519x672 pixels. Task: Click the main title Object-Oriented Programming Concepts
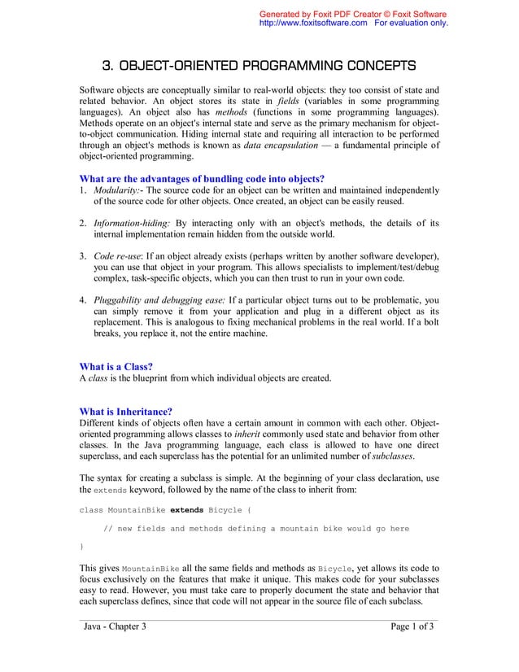(x=259, y=65)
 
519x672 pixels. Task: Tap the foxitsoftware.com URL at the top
(x=312, y=24)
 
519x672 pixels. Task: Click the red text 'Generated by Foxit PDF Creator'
(x=325, y=14)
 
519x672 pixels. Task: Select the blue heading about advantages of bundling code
(x=201, y=179)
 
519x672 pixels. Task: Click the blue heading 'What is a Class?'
(x=116, y=366)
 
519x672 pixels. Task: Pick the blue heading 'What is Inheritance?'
(x=125, y=411)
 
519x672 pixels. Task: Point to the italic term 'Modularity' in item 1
(x=114, y=190)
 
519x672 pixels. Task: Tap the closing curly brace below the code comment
(x=81, y=547)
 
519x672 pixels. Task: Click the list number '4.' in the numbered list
(x=83, y=300)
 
